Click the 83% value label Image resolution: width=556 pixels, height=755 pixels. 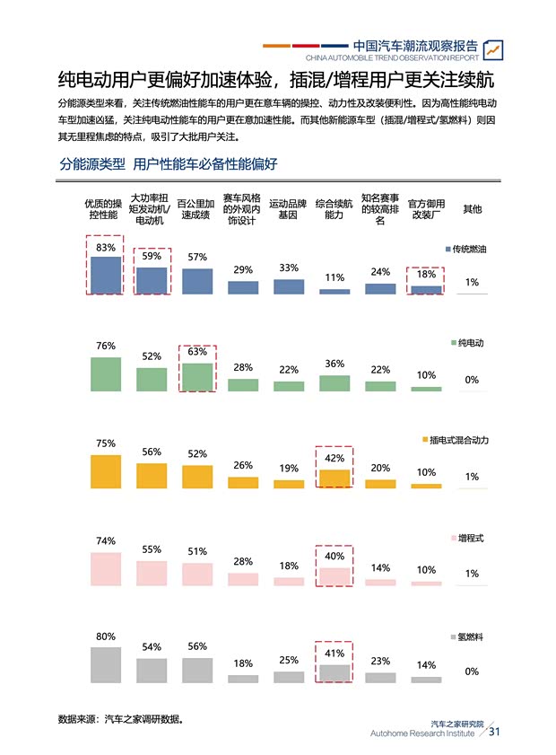[x=106, y=247]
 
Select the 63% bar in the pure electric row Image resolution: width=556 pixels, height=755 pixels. [x=197, y=377]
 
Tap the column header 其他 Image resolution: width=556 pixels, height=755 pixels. [x=472, y=209]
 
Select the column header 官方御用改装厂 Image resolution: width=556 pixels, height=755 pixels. [x=426, y=209]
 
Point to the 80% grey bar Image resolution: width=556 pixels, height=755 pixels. [x=106, y=665]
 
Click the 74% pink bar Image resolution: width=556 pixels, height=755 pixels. [x=106, y=569]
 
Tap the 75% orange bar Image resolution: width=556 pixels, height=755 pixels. [x=106, y=471]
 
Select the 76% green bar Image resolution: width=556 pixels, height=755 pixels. [x=106, y=373]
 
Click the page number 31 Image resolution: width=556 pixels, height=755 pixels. [x=494, y=731]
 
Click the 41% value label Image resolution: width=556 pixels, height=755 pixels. [x=334, y=654]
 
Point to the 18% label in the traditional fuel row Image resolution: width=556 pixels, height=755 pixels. [x=426, y=275]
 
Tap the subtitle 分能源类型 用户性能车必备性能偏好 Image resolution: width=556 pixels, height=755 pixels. [x=169, y=164]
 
